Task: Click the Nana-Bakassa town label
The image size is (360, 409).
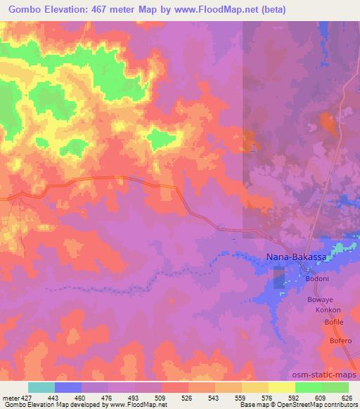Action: [296, 258]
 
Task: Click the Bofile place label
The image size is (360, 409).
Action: [333, 322]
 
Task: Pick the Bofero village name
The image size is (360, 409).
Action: [335, 342]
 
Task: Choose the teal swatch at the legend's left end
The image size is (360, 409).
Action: [41, 387]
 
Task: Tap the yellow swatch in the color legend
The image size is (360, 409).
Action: [281, 387]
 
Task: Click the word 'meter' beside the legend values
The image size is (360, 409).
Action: [10, 397]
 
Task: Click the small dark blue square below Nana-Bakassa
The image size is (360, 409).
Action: [279, 281]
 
